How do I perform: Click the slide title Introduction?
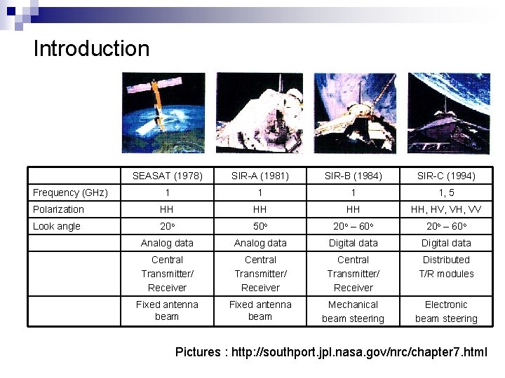(x=91, y=48)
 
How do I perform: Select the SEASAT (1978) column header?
(x=167, y=176)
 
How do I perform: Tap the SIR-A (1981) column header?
(x=260, y=176)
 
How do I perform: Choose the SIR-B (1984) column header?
(x=353, y=176)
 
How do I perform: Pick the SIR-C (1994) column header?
(x=446, y=176)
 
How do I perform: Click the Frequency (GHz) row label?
(x=70, y=192)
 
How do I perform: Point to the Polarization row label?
(x=58, y=209)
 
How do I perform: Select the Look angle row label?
(x=57, y=226)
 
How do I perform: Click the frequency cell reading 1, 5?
(x=446, y=192)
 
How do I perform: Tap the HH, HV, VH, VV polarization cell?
(x=446, y=209)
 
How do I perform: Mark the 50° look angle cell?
(x=260, y=226)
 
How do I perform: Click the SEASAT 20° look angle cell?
(x=167, y=226)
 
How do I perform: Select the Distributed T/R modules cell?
(x=446, y=267)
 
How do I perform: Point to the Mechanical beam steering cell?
(x=353, y=311)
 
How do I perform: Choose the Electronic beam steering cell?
(x=446, y=311)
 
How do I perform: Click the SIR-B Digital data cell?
(x=353, y=243)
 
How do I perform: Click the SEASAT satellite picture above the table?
(x=163, y=113)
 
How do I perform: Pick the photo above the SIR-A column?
(x=259, y=113)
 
